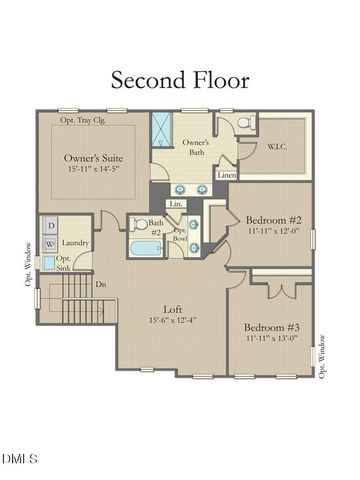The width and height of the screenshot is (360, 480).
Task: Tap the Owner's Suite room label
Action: [93, 158]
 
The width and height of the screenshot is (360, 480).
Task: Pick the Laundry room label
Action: [75, 243]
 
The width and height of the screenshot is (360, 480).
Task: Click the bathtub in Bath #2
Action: [147, 248]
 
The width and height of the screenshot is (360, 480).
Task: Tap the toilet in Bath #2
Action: [139, 222]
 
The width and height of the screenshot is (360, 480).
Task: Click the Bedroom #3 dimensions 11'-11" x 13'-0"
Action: [273, 337]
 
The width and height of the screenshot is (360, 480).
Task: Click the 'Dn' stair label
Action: [101, 284]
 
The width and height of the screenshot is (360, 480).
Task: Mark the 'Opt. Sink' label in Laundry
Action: [63, 263]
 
